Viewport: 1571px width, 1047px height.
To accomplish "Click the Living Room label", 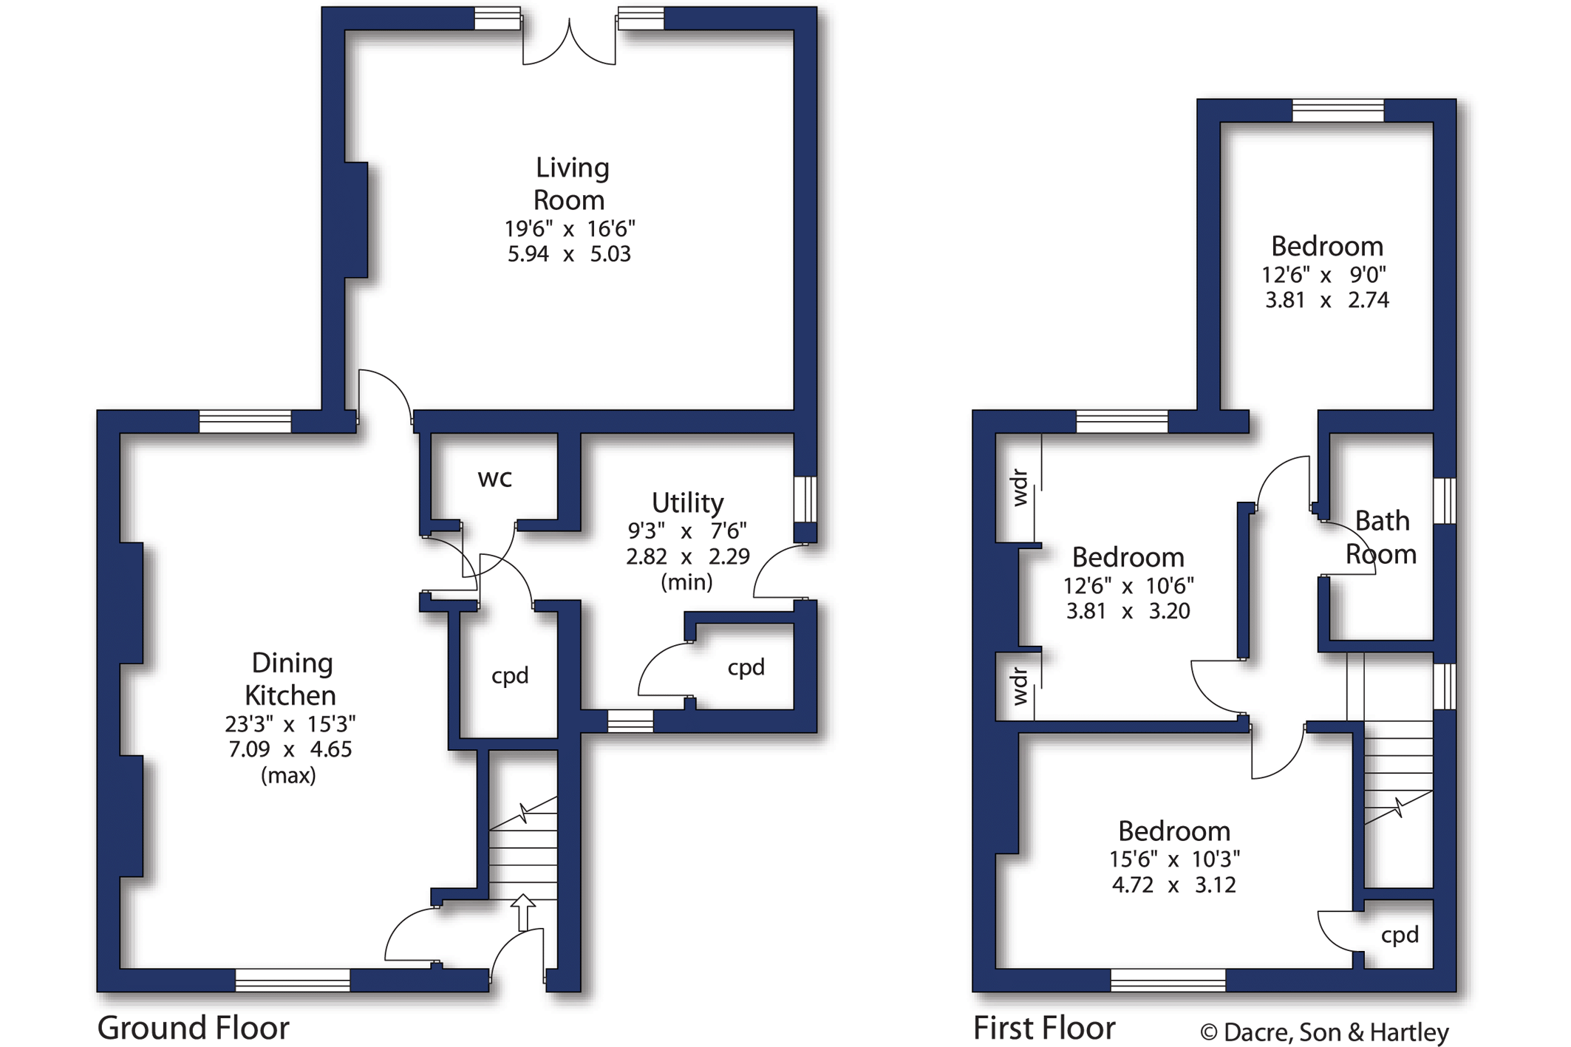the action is click(570, 184).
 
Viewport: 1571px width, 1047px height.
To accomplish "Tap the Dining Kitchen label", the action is click(291, 679).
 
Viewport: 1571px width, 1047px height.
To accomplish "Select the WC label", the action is click(495, 480).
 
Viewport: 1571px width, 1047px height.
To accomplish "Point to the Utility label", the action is click(687, 503).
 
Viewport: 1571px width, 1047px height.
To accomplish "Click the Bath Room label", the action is click(1381, 537).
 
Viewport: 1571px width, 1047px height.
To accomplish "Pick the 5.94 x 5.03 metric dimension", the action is click(569, 254).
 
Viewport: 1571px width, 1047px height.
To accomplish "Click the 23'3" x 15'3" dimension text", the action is click(290, 723).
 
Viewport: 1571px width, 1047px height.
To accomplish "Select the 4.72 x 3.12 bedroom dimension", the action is click(1173, 884).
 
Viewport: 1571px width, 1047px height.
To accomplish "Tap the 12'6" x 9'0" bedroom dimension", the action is click(1326, 275).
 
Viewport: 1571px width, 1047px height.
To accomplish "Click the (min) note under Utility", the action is click(686, 582).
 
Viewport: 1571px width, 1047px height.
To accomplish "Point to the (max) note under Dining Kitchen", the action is click(288, 775).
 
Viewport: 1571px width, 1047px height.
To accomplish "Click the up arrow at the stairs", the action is click(523, 912).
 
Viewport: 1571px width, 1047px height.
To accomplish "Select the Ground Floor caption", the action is click(193, 1028).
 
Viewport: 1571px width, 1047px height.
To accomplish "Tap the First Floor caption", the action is click(1044, 1028).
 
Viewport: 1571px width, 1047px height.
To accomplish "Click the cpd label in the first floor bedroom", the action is click(1400, 935).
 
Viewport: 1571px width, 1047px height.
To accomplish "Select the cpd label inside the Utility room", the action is click(746, 668).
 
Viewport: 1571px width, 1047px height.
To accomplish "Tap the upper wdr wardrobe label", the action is click(1019, 488).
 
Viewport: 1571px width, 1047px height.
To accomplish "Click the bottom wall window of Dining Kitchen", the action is click(293, 980).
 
